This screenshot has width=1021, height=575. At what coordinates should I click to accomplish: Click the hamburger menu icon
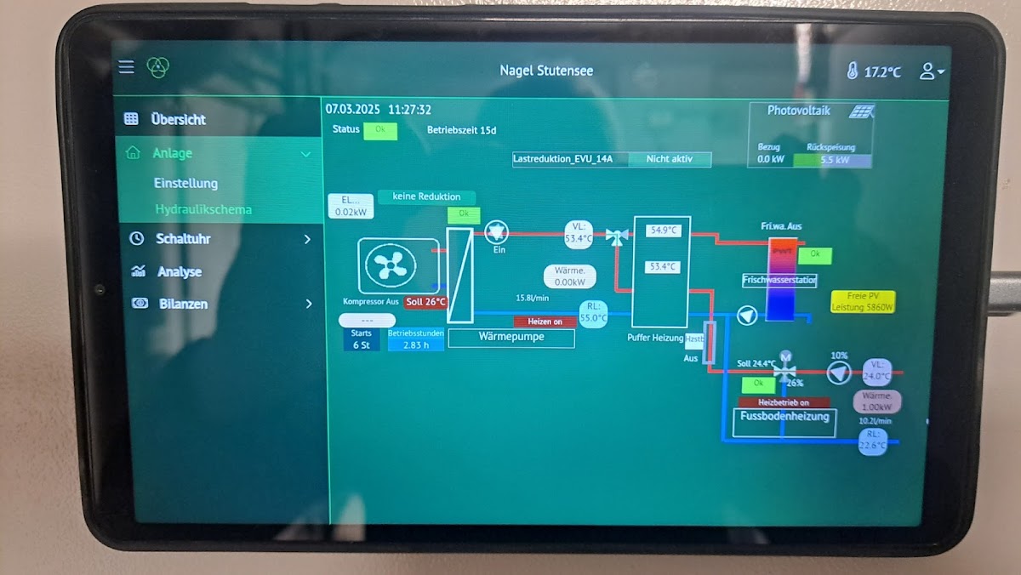click(126, 66)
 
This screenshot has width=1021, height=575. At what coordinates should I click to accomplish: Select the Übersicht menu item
click(178, 119)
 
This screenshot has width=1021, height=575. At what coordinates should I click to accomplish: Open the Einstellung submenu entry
click(185, 183)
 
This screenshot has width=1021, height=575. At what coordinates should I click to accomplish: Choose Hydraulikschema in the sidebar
click(202, 209)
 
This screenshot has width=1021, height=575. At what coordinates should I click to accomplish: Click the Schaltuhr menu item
click(182, 239)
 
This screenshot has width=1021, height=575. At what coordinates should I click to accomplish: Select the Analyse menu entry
click(179, 272)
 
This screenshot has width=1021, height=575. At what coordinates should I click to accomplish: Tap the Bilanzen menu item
click(183, 304)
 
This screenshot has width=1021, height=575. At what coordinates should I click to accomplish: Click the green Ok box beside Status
click(380, 131)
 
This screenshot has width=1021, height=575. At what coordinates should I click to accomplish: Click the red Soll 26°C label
click(425, 302)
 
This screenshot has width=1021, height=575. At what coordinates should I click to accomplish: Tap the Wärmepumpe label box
click(510, 338)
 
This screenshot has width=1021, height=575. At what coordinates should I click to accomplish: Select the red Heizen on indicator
click(545, 322)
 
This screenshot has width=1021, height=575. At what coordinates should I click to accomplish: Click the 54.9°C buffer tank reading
click(662, 231)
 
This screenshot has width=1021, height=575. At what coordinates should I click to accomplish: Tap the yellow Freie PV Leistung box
click(862, 301)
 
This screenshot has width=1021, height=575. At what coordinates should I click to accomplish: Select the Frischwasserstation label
click(779, 280)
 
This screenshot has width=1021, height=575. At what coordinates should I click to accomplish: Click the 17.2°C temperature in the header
click(881, 72)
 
